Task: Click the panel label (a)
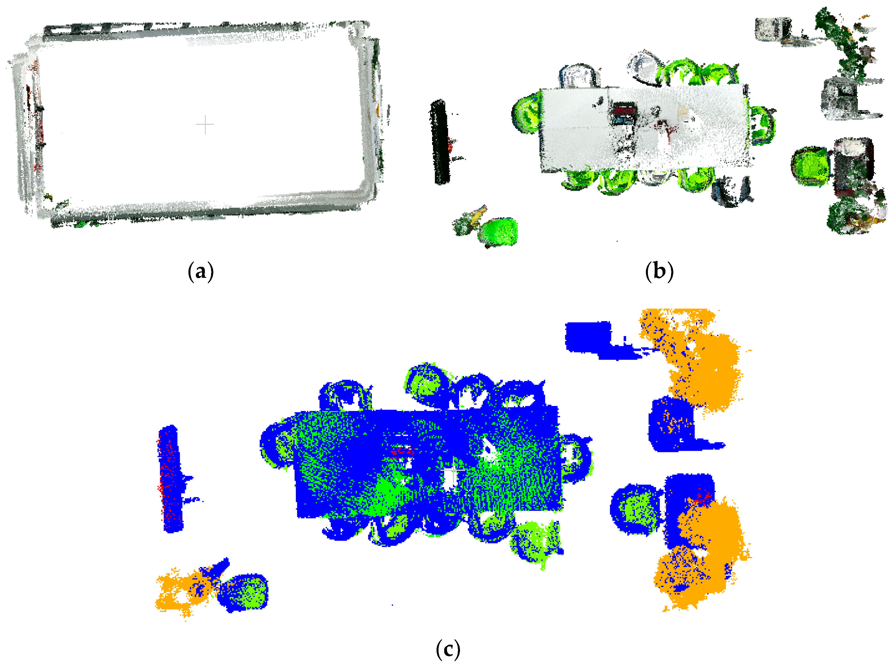tap(201, 272)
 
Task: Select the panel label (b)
tap(659, 271)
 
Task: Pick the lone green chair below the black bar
tap(498, 232)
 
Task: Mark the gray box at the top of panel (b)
tap(773, 29)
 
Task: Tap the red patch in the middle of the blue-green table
tap(402, 450)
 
